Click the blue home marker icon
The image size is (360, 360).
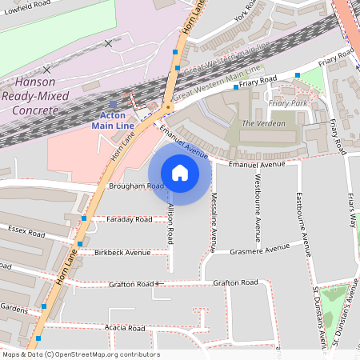[180, 173]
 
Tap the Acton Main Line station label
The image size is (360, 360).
[112, 120]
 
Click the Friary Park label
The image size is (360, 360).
[288, 103]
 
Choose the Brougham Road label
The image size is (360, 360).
[135, 186]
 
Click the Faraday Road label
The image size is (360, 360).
[129, 218]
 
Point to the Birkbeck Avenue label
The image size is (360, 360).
[122, 252]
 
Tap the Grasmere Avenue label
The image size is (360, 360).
[259, 248]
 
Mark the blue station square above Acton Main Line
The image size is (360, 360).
[113, 104]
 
